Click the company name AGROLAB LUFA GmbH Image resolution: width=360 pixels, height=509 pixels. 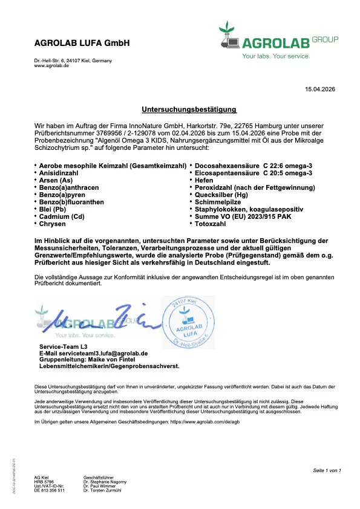click(82, 44)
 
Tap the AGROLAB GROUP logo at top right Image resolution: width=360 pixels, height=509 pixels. click(278, 41)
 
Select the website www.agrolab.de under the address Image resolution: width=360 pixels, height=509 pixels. click(51, 65)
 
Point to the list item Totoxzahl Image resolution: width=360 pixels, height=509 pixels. click(210, 224)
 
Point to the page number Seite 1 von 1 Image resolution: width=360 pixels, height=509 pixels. click(327, 470)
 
